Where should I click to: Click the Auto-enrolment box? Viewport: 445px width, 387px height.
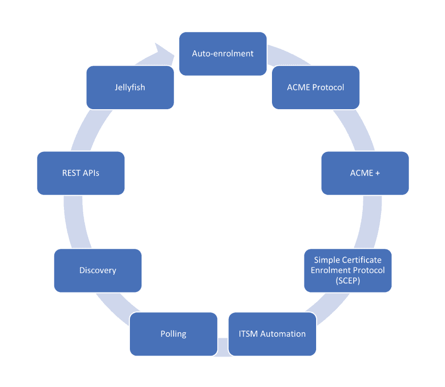click(x=223, y=53)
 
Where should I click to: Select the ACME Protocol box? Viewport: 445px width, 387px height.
click(x=316, y=87)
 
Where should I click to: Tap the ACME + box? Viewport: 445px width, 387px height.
click(x=365, y=173)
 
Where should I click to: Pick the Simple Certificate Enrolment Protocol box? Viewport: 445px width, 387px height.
click(x=348, y=270)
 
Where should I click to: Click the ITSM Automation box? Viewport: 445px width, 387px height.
click(x=272, y=334)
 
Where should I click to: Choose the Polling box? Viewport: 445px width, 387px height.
click(x=174, y=334)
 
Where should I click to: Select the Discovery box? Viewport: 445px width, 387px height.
click(x=97, y=270)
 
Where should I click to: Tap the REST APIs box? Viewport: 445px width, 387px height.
click(x=81, y=173)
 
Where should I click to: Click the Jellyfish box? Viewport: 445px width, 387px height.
click(x=130, y=87)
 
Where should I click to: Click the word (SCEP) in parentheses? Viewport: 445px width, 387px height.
click(x=348, y=280)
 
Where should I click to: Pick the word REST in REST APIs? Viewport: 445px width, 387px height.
click(x=72, y=173)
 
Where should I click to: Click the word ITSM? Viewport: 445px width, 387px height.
click(x=249, y=334)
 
